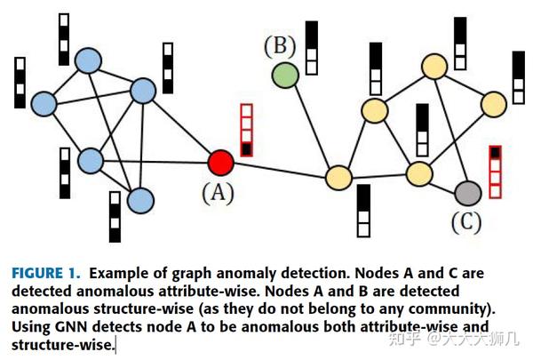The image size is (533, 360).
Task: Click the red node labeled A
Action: tap(220, 163)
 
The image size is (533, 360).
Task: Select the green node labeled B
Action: tap(284, 76)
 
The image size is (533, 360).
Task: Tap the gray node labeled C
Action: tap(467, 192)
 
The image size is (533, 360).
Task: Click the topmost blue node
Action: tap(86, 60)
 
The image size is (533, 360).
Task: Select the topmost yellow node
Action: tap(434, 66)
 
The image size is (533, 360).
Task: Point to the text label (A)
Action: tap(217, 192)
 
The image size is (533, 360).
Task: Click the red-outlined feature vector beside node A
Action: tap(247, 130)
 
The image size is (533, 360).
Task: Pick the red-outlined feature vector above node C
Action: tap(495, 171)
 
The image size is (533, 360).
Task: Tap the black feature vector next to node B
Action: tap(311, 47)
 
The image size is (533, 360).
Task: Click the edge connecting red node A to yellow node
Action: tap(279, 170)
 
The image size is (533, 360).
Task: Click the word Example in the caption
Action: tap(120, 272)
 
